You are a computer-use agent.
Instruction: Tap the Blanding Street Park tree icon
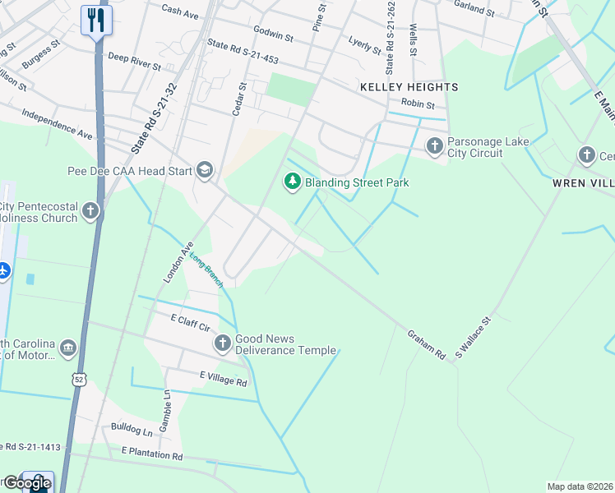[x=292, y=181]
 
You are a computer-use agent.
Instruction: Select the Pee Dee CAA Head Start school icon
[x=204, y=171]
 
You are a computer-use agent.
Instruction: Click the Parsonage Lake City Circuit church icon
[x=434, y=146]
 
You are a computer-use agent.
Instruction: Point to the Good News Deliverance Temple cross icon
[x=222, y=343]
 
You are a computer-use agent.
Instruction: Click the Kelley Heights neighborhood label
[x=409, y=86]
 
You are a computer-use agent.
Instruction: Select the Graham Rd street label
[x=426, y=344]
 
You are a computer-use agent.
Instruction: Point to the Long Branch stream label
[x=206, y=270]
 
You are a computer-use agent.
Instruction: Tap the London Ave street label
[x=177, y=262]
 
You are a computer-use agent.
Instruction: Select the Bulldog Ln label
[x=132, y=431]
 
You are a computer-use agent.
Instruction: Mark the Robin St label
[x=417, y=104]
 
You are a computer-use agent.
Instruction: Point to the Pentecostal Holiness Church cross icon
[x=90, y=212]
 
